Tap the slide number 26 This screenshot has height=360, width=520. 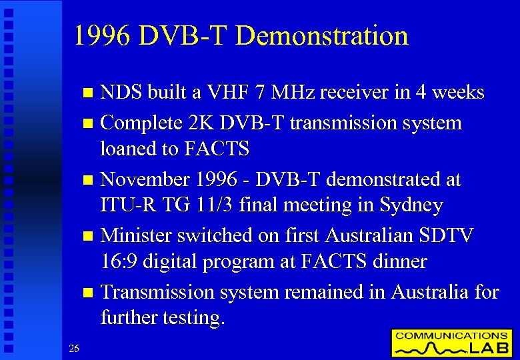(74, 347)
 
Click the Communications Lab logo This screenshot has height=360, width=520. (451, 343)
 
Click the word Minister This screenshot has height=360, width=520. (137, 235)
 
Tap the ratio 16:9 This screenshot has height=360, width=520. (122, 261)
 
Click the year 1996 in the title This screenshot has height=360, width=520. (103, 35)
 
